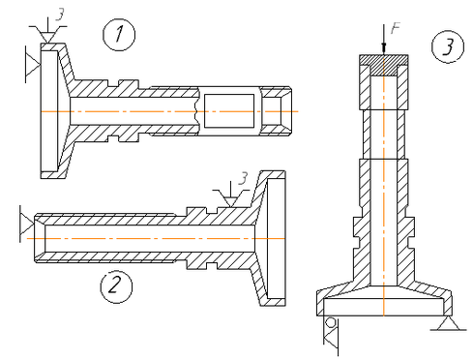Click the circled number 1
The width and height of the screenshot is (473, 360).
point(119,35)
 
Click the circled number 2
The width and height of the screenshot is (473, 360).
point(116,286)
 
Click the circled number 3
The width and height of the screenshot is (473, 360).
point(448,46)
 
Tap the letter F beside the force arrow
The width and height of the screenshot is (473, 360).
point(395,28)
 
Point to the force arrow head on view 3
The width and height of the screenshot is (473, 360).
point(384,47)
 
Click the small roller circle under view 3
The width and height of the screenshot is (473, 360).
point(331,322)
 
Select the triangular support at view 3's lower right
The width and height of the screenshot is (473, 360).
point(448,323)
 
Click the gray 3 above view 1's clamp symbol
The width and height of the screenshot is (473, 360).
point(60,15)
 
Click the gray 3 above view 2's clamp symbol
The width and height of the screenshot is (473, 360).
point(243,178)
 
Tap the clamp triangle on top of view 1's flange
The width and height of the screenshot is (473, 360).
point(47,35)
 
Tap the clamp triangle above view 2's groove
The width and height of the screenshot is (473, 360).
point(230,198)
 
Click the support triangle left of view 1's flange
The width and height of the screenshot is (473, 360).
point(33,65)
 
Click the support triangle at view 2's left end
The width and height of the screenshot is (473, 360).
point(27,224)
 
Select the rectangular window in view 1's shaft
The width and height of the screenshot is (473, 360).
point(229,111)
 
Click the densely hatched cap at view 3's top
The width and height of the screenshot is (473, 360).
point(384,65)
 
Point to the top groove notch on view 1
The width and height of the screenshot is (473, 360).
point(112,83)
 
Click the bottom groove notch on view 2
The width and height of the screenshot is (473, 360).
point(211,266)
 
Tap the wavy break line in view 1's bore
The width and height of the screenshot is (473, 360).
point(196,111)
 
